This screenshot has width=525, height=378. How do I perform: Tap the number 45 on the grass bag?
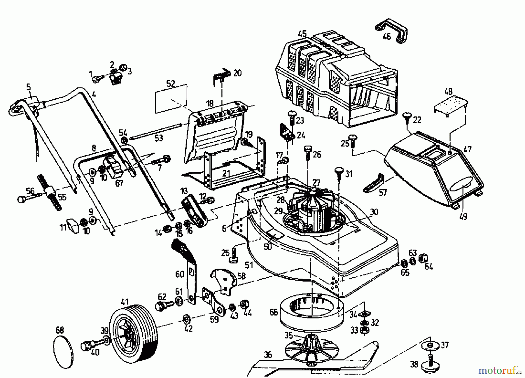click(302, 34)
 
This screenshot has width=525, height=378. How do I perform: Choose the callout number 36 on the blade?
click(268, 355)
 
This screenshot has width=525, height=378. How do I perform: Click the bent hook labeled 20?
click(221, 76)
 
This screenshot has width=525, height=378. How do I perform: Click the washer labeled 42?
click(186, 318)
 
